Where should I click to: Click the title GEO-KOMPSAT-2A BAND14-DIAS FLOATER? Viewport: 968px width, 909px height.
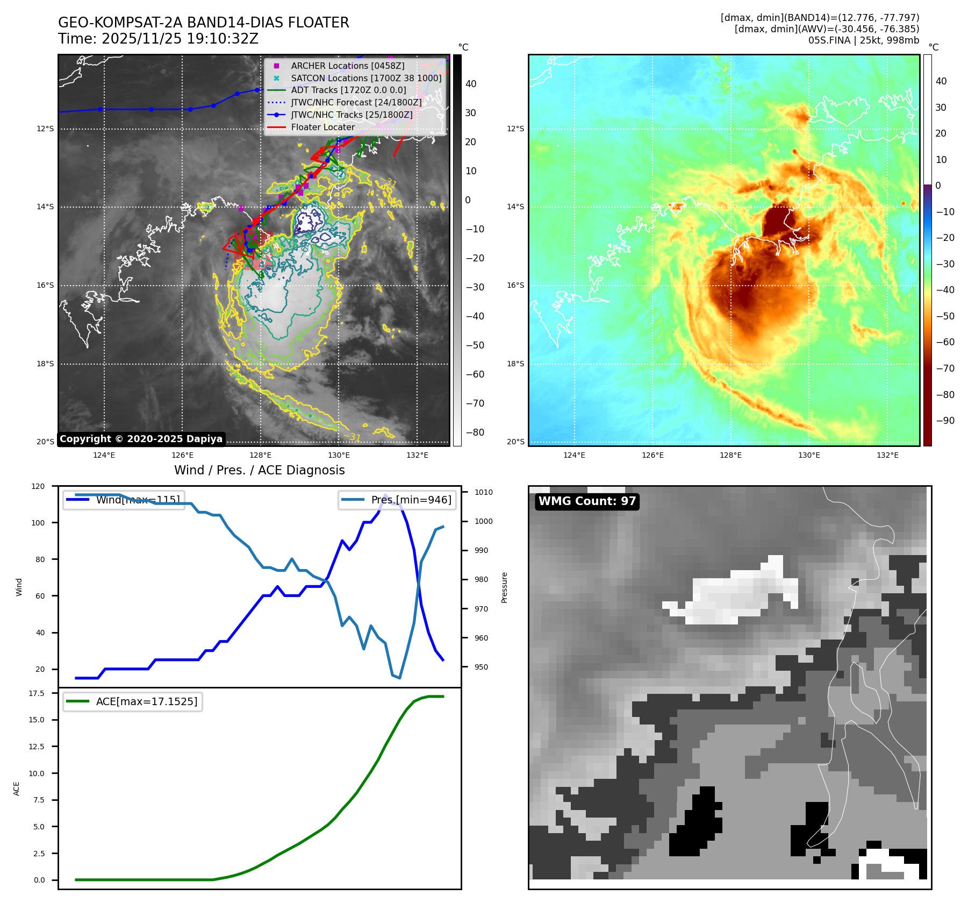(203, 23)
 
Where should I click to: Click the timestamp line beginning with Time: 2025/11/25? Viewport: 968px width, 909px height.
(158, 39)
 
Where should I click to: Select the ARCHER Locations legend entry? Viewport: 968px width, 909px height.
(347, 66)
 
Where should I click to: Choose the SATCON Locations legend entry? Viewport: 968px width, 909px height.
(365, 78)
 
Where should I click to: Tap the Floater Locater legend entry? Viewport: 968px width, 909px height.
(322, 127)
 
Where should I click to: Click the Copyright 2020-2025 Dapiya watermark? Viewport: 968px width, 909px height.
(141, 439)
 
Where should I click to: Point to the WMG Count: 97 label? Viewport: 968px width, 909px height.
(587, 501)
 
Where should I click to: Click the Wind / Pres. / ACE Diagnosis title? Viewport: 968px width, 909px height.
(259, 470)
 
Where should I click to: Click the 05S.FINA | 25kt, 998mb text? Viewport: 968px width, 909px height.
(863, 40)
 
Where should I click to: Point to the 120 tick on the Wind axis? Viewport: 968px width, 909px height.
(38, 486)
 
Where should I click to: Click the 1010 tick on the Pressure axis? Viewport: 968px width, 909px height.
(483, 492)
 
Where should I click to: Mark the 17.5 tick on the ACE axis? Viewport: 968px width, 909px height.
(37, 693)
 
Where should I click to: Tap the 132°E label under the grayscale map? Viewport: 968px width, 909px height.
(417, 455)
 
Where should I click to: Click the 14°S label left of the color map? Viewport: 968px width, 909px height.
(515, 207)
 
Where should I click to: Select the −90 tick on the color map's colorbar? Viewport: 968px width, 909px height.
(945, 421)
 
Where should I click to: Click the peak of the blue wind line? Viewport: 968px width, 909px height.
(385, 495)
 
